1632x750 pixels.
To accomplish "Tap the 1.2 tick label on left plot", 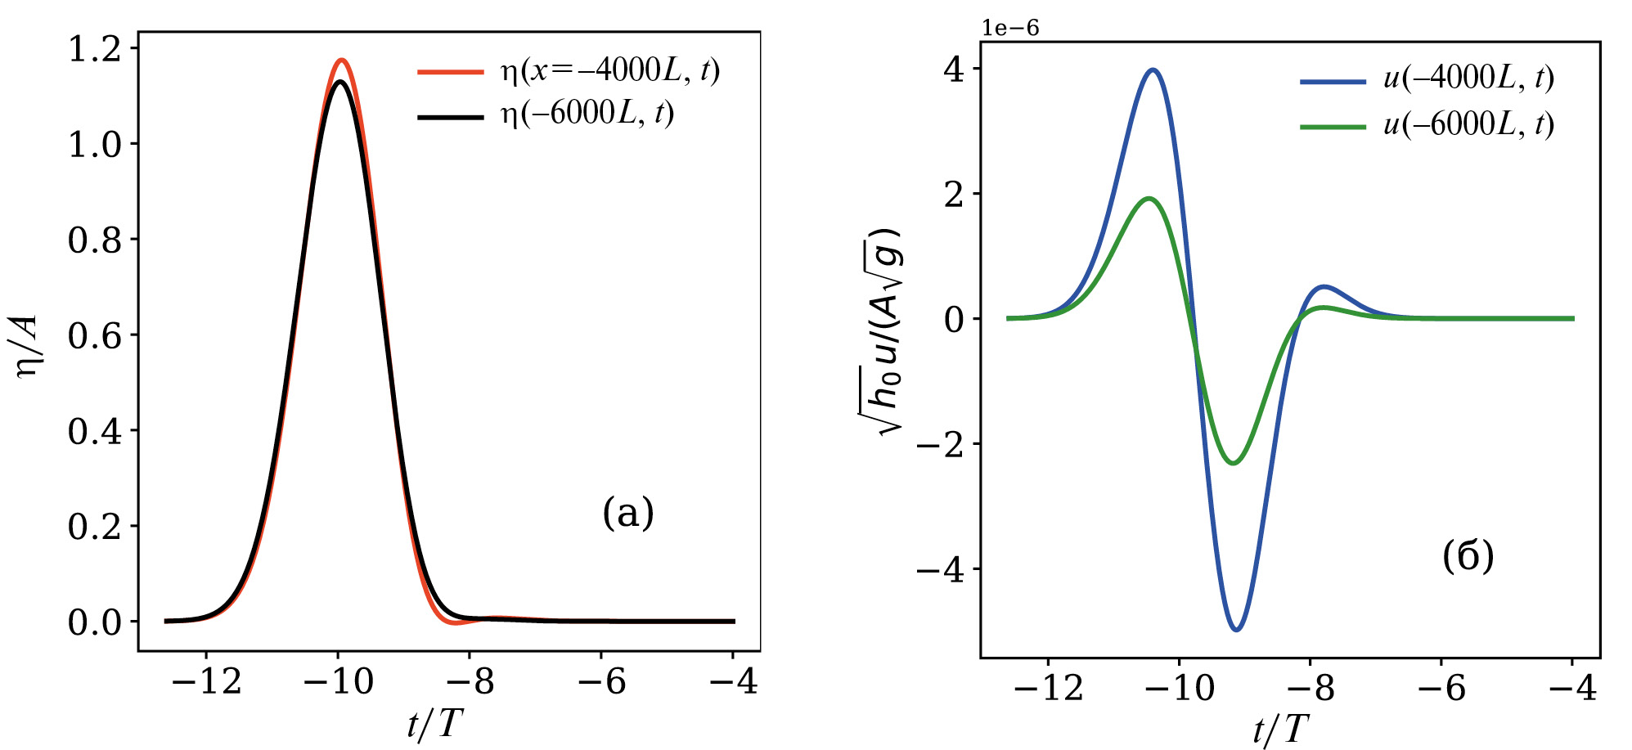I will [x=94, y=49].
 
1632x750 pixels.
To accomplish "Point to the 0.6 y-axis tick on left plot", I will [x=94, y=335].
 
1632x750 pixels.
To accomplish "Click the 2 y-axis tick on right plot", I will [x=954, y=195].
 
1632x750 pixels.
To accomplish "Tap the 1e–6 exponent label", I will [x=1010, y=28].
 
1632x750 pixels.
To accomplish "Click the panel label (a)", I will [x=628, y=513].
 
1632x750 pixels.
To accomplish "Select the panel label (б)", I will [x=1468, y=556].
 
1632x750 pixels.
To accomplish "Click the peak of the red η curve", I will [x=341, y=60].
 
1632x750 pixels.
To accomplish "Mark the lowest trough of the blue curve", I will [x=1236, y=629].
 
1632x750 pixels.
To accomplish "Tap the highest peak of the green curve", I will [x=1149, y=198].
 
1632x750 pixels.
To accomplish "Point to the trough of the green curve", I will [x=1233, y=463].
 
